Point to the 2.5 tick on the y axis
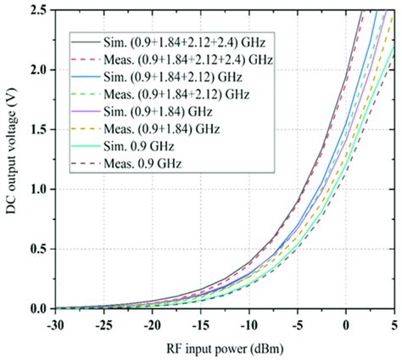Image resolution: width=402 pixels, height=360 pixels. pyautogui.click(x=38, y=9)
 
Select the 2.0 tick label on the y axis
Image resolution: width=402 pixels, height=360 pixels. pyautogui.click(x=38, y=69)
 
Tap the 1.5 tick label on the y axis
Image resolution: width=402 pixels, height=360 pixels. pyautogui.click(x=38, y=129)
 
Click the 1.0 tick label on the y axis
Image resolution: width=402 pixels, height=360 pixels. pyautogui.click(x=38, y=188)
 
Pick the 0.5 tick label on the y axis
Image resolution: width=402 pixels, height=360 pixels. pyautogui.click(x=38, y=249)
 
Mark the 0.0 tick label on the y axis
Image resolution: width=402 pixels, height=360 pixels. pyautogui.click(x=38, y=308)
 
